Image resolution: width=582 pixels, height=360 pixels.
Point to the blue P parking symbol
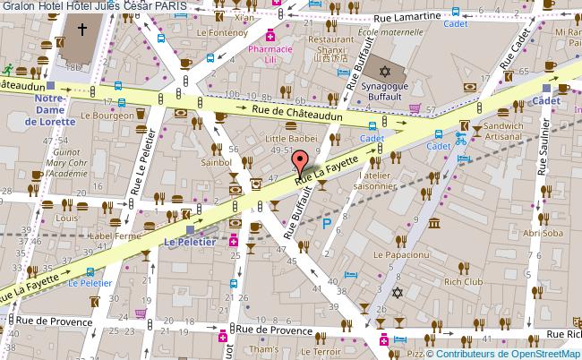point(326,224)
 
